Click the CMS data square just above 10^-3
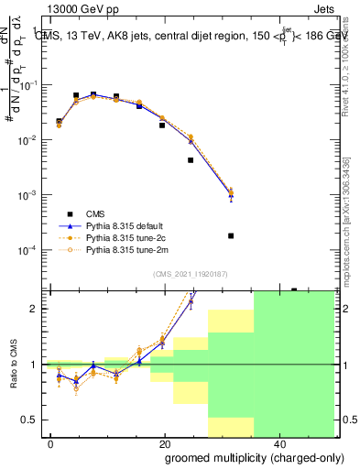point(191,160)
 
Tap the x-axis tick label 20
point(165,443)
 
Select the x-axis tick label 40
point(279,443)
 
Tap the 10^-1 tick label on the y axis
point(27,85)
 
